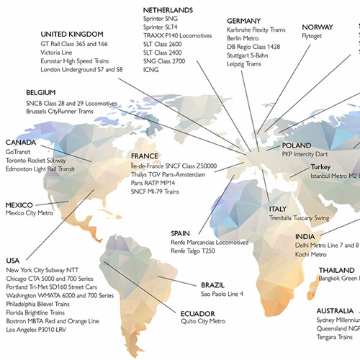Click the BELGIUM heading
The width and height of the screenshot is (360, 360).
pyautogui.click(x=42, y=93)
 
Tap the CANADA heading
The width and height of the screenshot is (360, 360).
pyautogui.click(x=22, y=143)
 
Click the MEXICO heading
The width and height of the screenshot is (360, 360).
pyautogui.click(x=22, y=204)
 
